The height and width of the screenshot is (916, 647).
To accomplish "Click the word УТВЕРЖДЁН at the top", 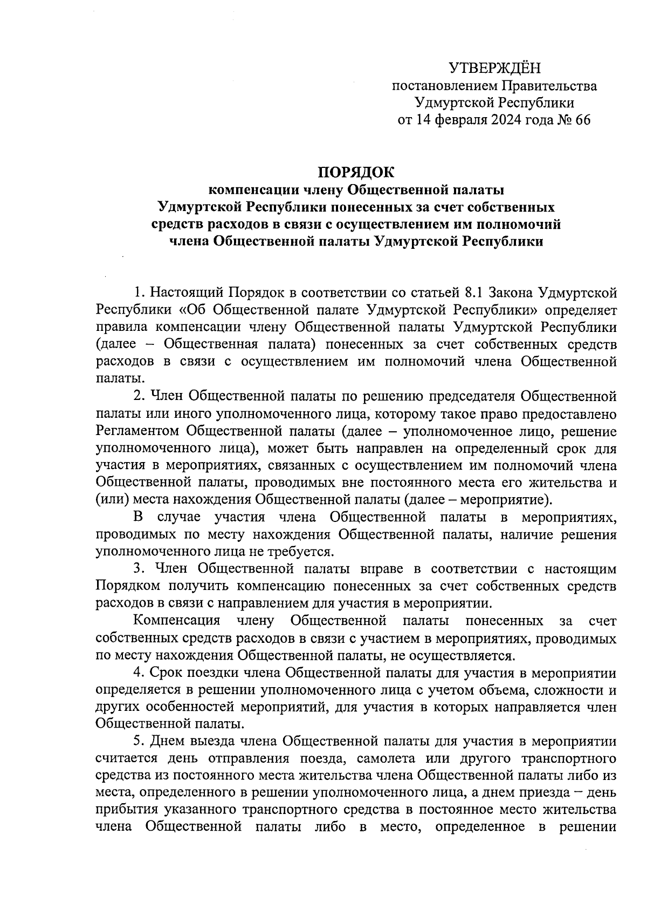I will pos(494,68).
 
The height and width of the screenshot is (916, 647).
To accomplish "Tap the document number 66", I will pos(582,120).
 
